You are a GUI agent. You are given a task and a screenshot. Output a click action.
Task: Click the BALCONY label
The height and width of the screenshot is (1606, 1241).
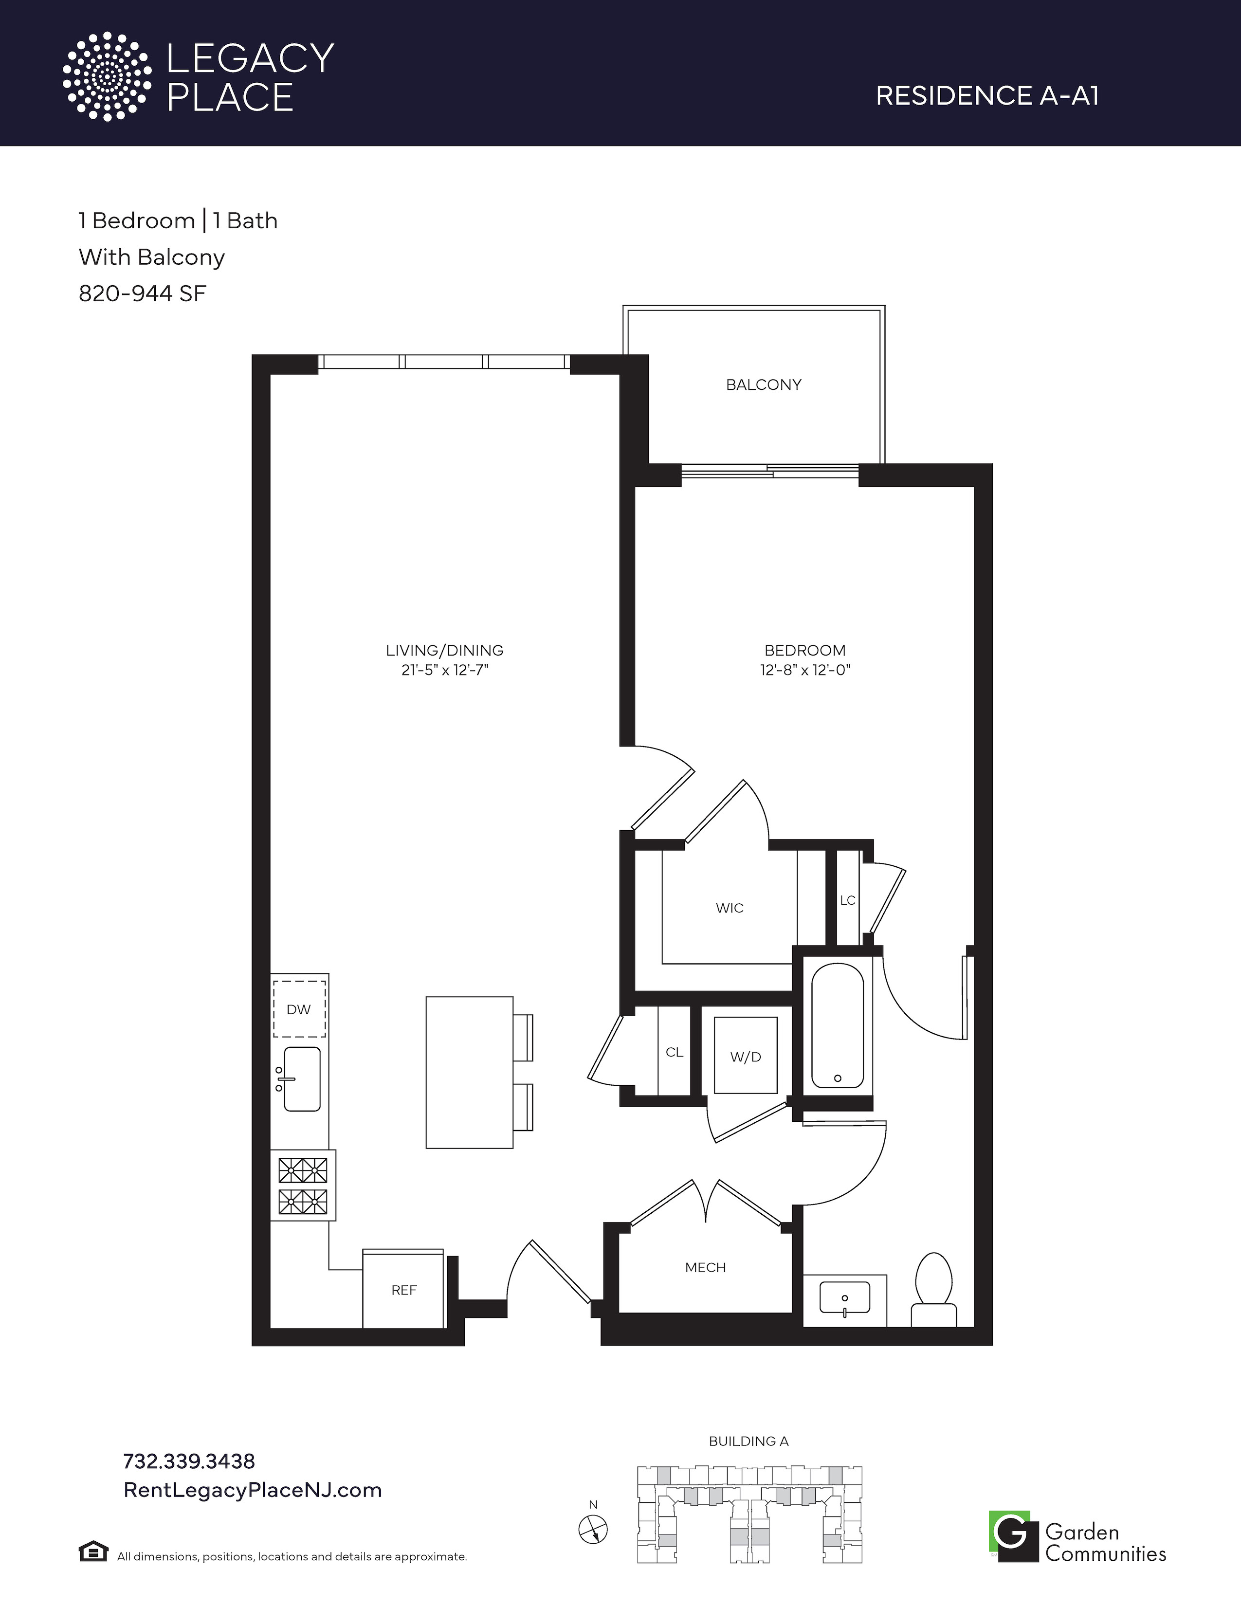click(x=763, y=384)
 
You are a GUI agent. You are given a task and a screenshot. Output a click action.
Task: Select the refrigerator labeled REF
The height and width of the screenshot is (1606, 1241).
click(x=403, y=1289)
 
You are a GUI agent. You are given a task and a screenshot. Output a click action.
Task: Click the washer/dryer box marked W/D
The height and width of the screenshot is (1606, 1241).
click(x=746, y=1056)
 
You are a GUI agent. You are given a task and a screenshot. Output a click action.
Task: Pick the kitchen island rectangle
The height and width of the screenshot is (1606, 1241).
click(x=470, y=1072)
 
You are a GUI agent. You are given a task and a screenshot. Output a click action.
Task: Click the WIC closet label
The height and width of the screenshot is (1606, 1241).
click(x=730, y=908)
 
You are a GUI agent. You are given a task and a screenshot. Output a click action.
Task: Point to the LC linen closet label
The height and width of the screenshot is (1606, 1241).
click(x=848, y=900)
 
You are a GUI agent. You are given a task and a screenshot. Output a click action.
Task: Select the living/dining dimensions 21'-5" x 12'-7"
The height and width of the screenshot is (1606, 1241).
click(x=445, y=670)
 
